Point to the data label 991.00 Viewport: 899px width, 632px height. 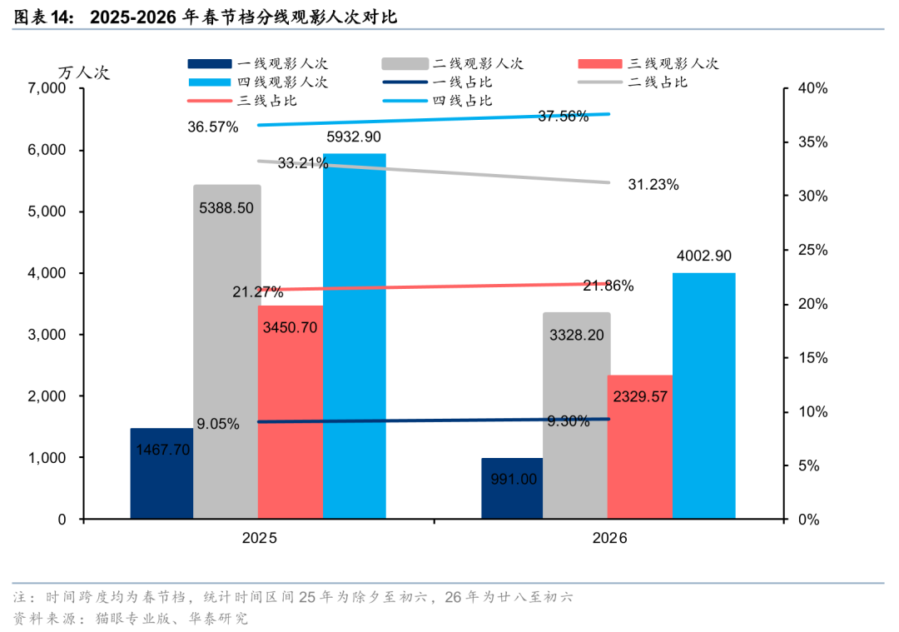click(x=514, y=479)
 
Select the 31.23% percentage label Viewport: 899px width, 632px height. click(x=653, y=185)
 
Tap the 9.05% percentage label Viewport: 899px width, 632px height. click(x=218, y=424)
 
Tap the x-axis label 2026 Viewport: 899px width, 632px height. click(x=609, y=539)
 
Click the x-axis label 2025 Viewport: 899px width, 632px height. click(x=259, y=539)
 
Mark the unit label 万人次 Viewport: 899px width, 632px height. click(x=83, y=72)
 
